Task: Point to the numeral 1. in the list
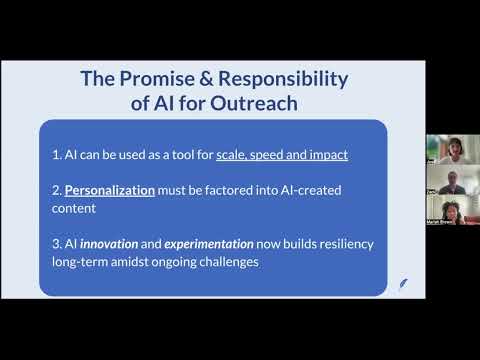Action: pos(57,155)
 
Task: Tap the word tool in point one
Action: pos(186,155)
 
